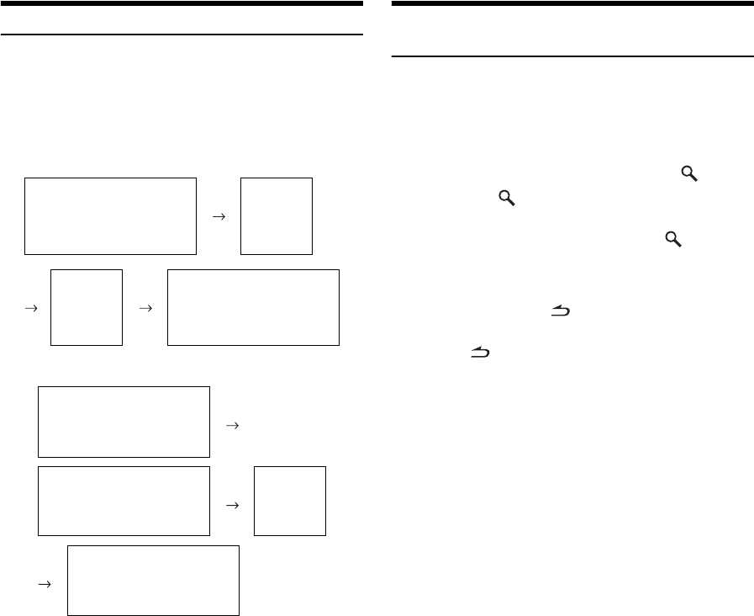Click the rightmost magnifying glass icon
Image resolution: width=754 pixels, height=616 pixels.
pyautogui.click(x=689, y=174)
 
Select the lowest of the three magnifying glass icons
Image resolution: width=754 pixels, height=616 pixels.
pyautogui.click(x=672, y=240)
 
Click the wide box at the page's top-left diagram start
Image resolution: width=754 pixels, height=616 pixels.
pyautogui.click(x=110, y=216)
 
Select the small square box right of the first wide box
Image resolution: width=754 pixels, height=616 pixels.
pyautogui.click(x=276, y=216)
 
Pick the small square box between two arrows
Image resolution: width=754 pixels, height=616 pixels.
pyautogui.click(x=87, y=307)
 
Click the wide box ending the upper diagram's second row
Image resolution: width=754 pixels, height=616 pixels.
pyautogui.click(x=253, y=307)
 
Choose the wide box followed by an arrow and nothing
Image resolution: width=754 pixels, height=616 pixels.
pyautogui.click(x=124, y=422)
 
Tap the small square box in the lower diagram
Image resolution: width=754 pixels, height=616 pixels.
pyautogui.click(x=289, y=501)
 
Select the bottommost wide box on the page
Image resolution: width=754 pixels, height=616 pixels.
pyautogui.click(x=153, y=581)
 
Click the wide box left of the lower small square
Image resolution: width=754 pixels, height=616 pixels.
pyautogui.click(x=124, y=501)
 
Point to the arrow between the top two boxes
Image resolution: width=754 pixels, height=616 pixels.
pyautogui.click(x=218, y=216)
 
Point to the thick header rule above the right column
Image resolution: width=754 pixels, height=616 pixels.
pyautogui.click(x=572, y=3)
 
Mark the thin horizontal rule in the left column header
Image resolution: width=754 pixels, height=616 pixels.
pyautogui.click(x=182, y=35)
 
